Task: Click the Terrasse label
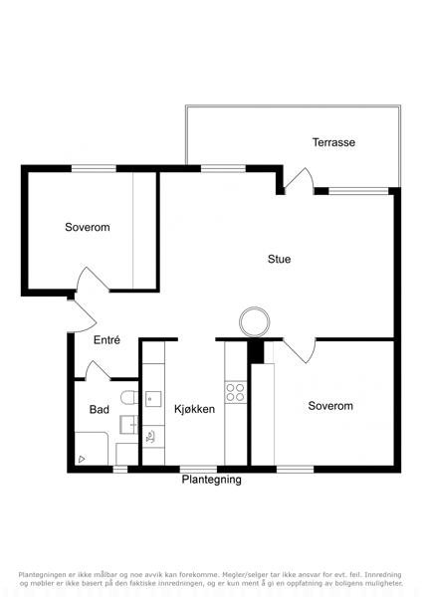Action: point(333,142)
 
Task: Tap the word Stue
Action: point(279,260)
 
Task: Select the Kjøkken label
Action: point(195,409)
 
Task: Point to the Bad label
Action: point(99,410)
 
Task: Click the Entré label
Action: point(107,340)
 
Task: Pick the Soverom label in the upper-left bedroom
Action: point(88,227)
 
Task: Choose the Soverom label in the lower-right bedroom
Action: point(330,406)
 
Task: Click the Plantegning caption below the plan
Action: point(211,480)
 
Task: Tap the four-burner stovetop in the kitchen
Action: point(235,392)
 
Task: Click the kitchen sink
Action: point(153,399)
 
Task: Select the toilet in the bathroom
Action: point(129,398)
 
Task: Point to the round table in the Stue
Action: point(255,322)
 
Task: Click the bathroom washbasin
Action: point(128,425)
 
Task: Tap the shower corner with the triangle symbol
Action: point(92,449)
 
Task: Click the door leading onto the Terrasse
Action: point(299,179)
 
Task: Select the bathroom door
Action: point(98,370)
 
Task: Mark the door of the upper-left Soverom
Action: point(93,280)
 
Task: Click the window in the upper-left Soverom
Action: point(94,169)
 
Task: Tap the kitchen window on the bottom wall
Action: point(198,469)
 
